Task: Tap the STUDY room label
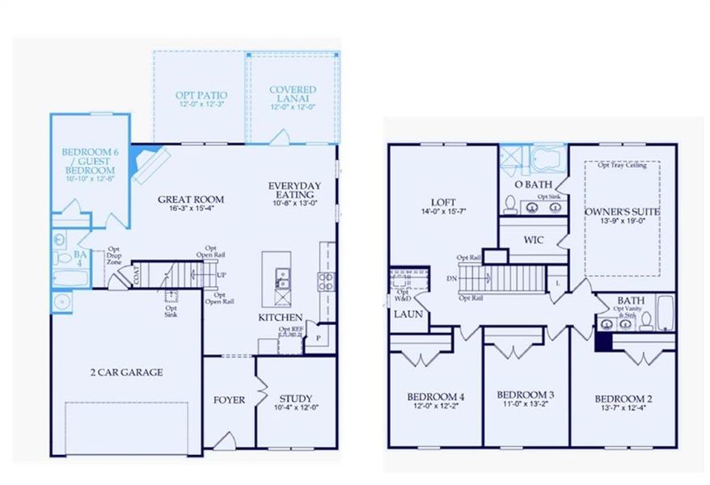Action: pos(296,399)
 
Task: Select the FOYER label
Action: pos(229,399)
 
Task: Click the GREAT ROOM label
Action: pos(191,199)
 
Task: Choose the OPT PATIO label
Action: pos(200,95)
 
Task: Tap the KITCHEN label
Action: pos(281,318)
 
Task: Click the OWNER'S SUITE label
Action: pos(622,211)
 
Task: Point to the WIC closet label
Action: pos(532,240)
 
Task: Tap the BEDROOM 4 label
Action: pos(435,396)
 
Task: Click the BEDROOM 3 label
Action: pos(526,394)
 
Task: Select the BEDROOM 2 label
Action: pos(623,399)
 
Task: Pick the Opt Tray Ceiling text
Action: pos(622,166)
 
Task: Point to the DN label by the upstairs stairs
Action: pos(451,278)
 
